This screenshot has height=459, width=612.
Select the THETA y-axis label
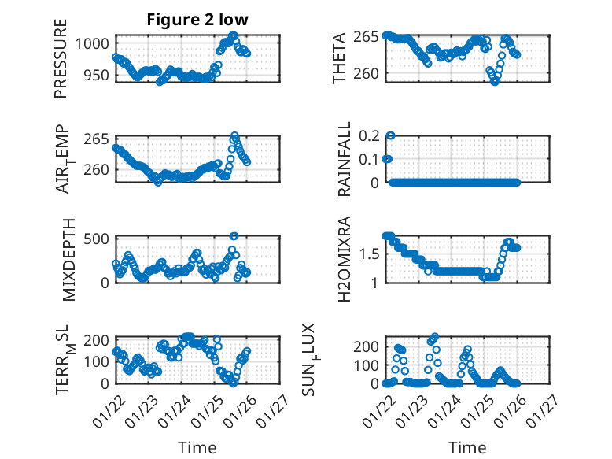tap(339, 57)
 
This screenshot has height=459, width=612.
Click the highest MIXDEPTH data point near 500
tap(234, 236)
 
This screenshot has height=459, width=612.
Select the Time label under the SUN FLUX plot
tap(467, 447)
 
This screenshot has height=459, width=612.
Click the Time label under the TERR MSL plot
tap(197, 447)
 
